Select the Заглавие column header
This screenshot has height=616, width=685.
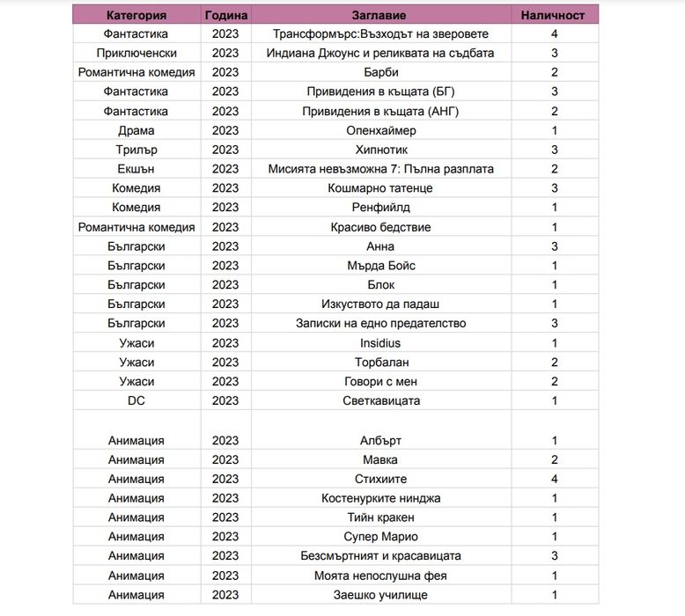pyautogui.click(x=380, y=15)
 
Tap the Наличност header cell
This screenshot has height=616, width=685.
pyautogui.click(x=554, y=15)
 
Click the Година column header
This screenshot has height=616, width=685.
pyautogui.click(x=225, y=15)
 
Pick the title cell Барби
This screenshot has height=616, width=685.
pyautogui.click(x=380, y=72)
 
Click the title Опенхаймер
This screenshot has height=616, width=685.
pyautogui.click(x=380, y=130)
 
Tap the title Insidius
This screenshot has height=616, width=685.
pyautogui.click(x=380, y=343)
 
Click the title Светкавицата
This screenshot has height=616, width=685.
pyautogui.click(x=380, y=400)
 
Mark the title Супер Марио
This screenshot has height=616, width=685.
pyautogui.click(x=380, y=537)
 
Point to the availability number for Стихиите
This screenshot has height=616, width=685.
pyautogui.click(x=554, y=479)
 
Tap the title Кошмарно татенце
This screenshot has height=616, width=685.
pyautogui.click(x=380, y=188)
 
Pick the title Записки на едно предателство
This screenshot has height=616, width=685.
pyautogui.click(x=380, y=323)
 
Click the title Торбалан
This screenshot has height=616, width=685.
pyautogui.click(x=380, y=363)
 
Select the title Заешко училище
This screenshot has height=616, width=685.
pyautogui.click(x=380, y=595)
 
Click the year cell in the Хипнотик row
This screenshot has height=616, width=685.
pyautogui.click(x=225, y=150)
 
